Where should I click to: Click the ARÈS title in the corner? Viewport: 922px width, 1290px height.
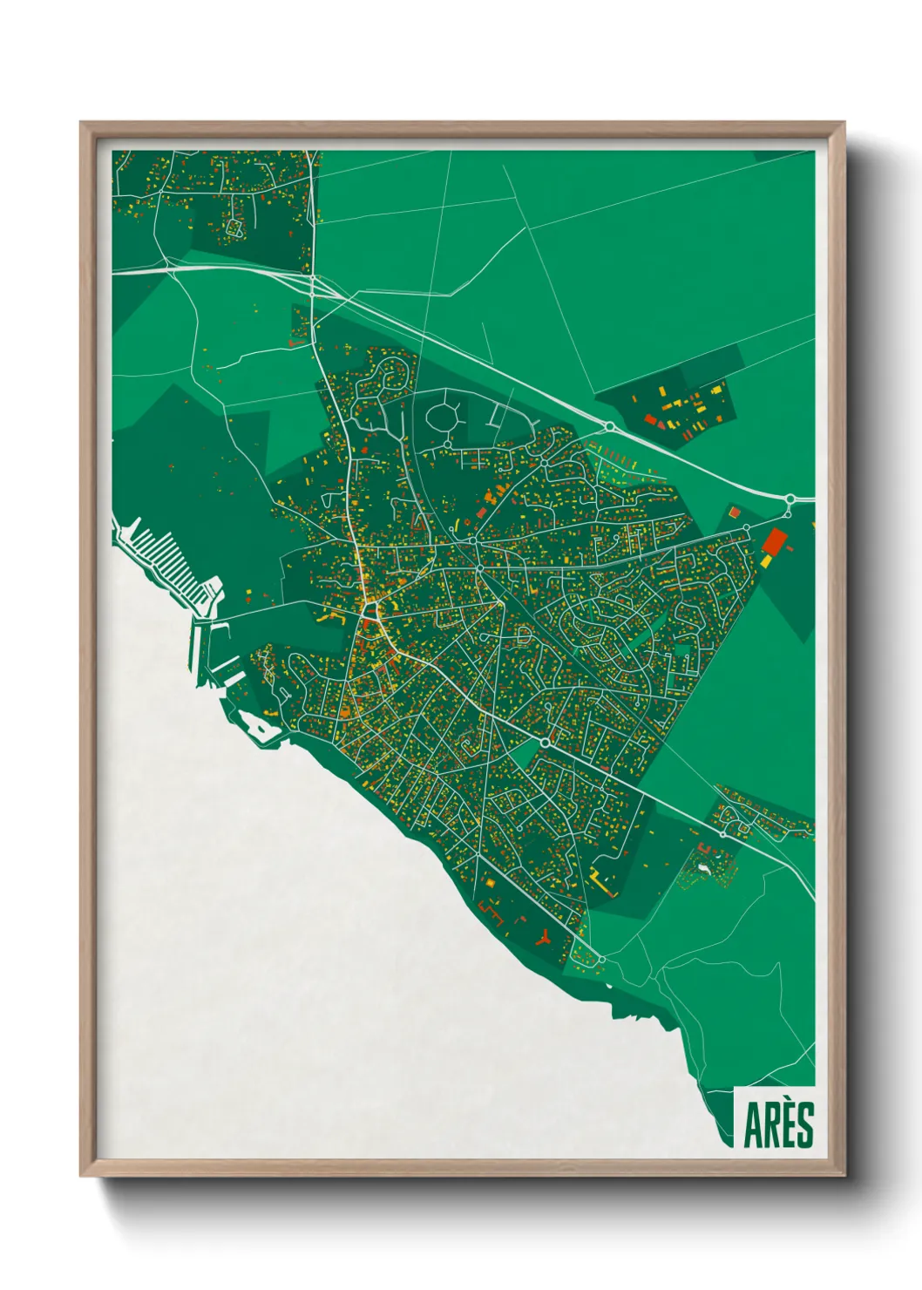pyautogui.click(x=778, y=1124)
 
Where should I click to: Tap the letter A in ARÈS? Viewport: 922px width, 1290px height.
pyautogui.click(x=751, y=1125)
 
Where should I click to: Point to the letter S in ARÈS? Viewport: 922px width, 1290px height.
pyautogui.click(x=804, y=1125)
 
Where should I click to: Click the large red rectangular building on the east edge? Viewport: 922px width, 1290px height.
pyautogui.click(x=773, y=541)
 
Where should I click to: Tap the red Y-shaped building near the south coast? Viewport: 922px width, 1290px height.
pyautogui.click(x=545, y=938)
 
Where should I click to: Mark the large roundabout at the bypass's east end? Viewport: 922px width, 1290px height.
pyautogui.click(x=790, y=499)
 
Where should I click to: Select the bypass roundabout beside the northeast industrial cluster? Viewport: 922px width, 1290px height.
pyautogui.click(x=610, y=426)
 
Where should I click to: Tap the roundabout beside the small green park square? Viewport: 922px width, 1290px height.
pyautogui.click(x=545, y=742)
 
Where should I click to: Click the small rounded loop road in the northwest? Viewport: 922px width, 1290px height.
pyautogui.click(x=234, y=227)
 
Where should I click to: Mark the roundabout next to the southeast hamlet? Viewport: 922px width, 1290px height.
pyautogui.click(x=722, y=834)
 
